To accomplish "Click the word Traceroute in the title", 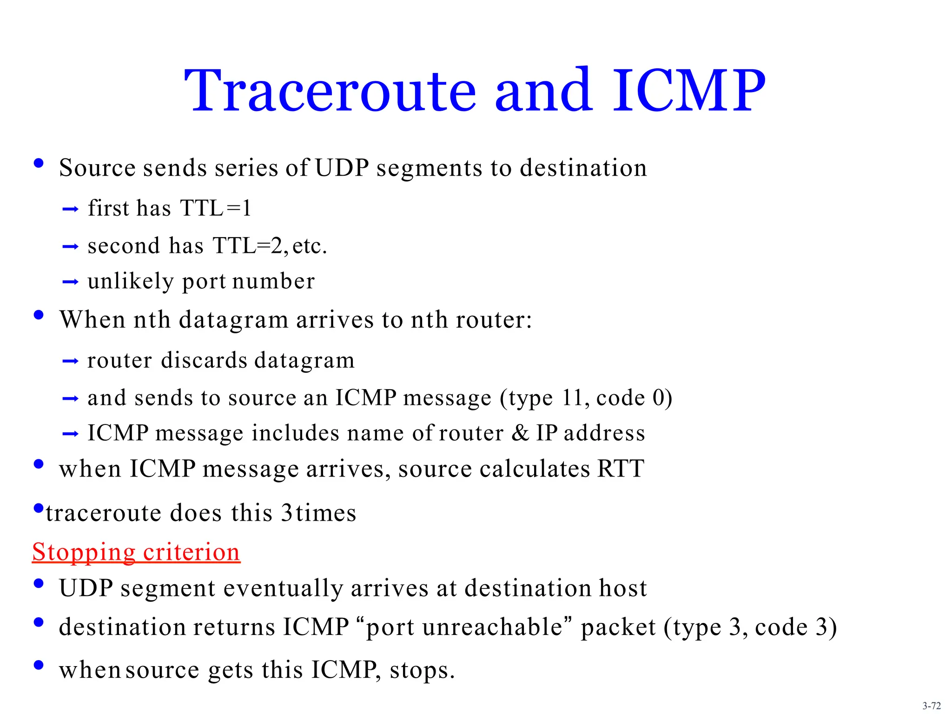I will pos(330,91).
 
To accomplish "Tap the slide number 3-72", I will pos(931,706).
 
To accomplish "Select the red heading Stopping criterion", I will pos(136,552).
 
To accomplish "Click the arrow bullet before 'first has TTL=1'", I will pos(70,210).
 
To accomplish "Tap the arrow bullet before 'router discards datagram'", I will pos(70,362).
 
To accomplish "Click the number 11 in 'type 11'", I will pos(572,398).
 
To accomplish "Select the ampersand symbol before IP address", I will pos(520,433).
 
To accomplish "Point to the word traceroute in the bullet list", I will pos(103,513).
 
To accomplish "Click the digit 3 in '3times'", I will pos(287,513).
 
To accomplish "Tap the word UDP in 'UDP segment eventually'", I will pos(86,588).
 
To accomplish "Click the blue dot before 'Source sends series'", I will pos(39,163).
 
